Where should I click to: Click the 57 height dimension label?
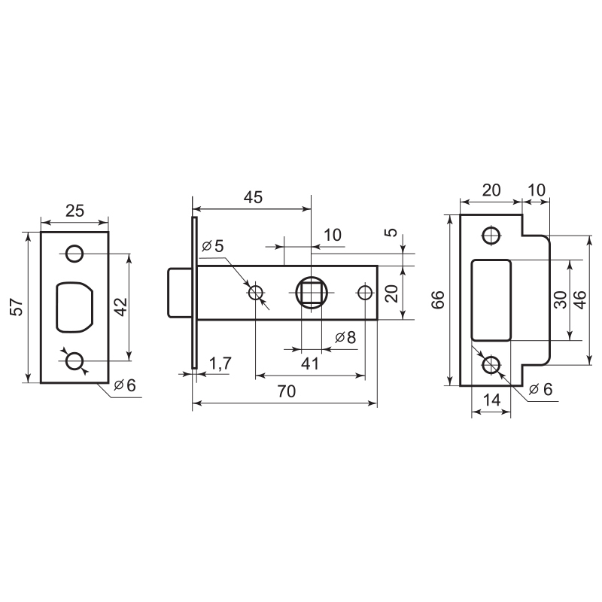tap(17, 307)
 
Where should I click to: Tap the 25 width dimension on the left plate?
tap(74, 211)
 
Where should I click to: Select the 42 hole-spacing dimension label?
tap(121, 307)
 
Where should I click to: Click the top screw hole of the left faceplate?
tap(74, 254)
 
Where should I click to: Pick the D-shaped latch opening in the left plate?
tap(74, 307)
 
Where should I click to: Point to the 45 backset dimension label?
tap(253, 197)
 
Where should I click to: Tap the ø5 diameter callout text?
tap(212, 246)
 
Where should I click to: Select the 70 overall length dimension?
tap(287, 391)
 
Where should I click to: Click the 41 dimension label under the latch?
tap(309, 363)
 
